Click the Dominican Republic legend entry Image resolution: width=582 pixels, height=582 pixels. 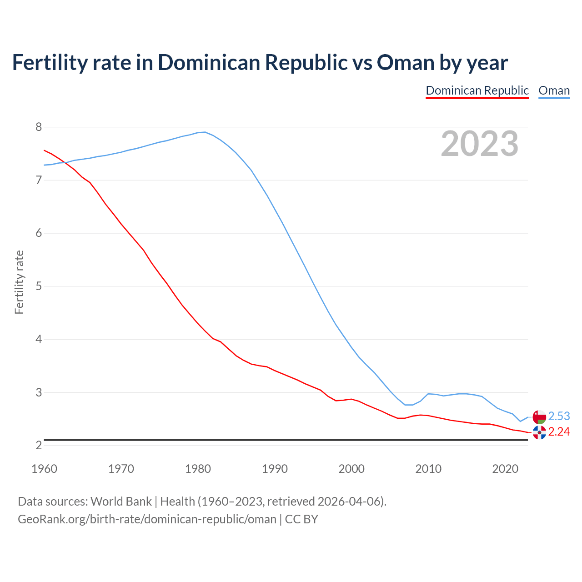click(477, 90)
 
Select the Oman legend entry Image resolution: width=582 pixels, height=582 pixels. click(554, 90)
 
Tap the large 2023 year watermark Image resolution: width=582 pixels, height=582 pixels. click(480, 144)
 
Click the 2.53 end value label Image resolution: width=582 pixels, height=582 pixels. click(559, 416)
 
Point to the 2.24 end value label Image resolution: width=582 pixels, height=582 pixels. click(559, 431)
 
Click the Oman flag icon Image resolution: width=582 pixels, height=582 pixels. click(539, 416)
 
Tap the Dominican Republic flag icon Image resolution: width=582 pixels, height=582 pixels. click(539, 432)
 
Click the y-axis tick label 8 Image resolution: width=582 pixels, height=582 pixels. click(39, 127)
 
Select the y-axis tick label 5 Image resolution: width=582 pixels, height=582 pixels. click(39, 286)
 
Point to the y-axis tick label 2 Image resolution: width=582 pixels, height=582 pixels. click(39, 446)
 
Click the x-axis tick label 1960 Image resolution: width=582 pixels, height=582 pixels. click(44, 469)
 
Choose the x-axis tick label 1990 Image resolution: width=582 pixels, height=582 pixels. click(275, 469)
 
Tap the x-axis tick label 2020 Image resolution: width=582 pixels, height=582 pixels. click(505, 469)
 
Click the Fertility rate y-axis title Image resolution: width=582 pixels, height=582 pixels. click(19, 282)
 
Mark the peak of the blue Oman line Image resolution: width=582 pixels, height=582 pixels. click(205, 132)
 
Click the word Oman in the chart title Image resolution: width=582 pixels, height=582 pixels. click(406, 62)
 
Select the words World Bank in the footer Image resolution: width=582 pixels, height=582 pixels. click(121, 501)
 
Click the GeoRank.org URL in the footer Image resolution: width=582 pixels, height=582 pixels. click(147, 519)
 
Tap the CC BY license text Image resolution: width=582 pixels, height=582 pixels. click(301, 519)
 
